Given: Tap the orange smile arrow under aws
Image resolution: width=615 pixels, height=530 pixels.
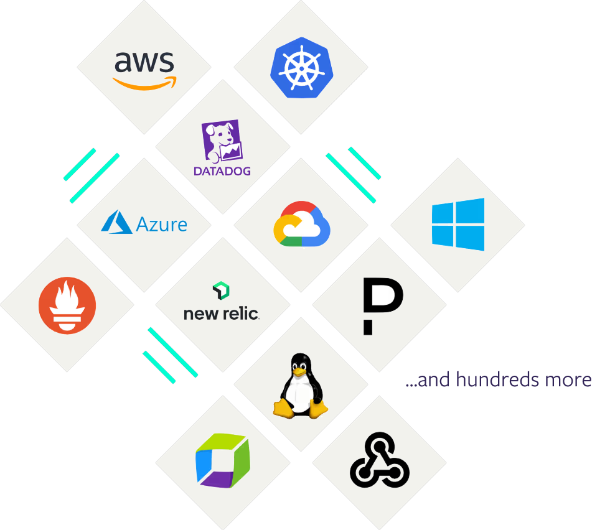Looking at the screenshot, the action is pyautogui.click(x=144, y=83).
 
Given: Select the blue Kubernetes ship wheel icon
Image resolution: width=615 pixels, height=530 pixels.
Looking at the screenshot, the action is pyautogui.click(x=301, y=67).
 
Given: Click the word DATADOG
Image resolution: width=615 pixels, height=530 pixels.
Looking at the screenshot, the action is pyautogui.click(x=222, y=170).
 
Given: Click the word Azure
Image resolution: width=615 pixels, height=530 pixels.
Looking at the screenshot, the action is pyautogui.click(x=162, y=224).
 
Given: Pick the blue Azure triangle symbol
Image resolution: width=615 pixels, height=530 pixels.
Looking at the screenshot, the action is pyautogui.click(x=117, y=223).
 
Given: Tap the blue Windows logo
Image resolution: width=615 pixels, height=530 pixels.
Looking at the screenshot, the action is pyautogui.click(x=458, y=224).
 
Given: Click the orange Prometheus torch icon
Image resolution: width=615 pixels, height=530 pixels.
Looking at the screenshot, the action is pyautogui.click(x=67, y=305).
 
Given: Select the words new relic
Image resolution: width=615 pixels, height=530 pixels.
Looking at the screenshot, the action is pyautogui.click(x=221, y=314).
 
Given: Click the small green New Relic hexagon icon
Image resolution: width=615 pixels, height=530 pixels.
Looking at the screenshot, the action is pyautogui.click(x=221, y=290).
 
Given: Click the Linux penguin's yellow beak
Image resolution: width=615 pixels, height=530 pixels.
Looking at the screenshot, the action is pyautogui.click(x=301, y=371).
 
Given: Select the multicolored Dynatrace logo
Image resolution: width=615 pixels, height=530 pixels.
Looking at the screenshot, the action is pyautogui.click(x=222, y=462).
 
